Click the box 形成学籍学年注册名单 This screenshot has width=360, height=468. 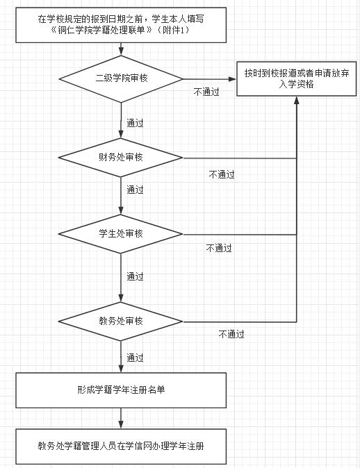[x=121, y=390]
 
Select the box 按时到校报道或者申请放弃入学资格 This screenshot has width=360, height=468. [x=297, y=78]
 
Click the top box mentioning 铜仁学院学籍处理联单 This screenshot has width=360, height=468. [x=121, y=25]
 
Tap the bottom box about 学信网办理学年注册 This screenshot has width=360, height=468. [x=121, y=446]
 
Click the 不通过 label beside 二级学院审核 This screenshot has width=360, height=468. [x=206, y=92]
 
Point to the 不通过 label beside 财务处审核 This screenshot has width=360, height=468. [x=222, y=174]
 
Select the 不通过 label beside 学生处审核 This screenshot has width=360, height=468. [x=219, y=248]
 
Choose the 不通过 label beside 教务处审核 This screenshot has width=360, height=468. [x=231, y=334]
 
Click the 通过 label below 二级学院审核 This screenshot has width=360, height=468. [x=135, y=123]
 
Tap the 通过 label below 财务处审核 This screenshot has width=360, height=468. [x=135, y=190]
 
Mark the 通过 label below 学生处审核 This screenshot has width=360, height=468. [x=135, y=276]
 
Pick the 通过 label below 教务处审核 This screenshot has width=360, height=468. [x=135, y=358]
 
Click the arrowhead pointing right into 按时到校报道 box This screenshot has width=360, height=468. [x=232, y=79]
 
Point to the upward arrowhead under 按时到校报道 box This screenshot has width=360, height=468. [x=296, y=100]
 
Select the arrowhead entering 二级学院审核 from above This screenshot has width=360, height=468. [x=121, y=51]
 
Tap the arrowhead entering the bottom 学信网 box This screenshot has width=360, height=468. [x=121, y=425]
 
